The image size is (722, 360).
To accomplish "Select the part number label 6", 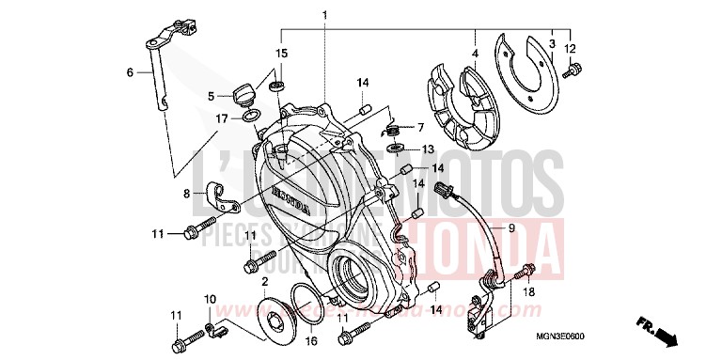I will click(131, 71).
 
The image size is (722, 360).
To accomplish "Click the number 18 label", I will click(530, 293).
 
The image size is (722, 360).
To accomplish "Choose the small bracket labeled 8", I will click(222, 196).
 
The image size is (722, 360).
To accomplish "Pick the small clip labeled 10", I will click(215, 329).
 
